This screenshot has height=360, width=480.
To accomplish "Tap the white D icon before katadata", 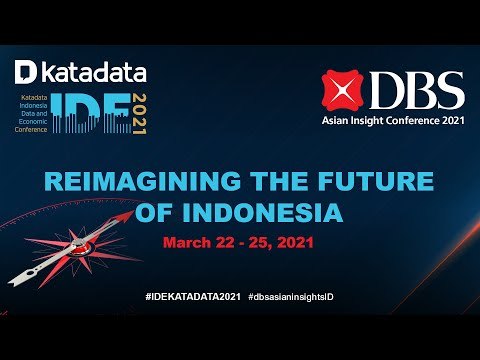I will point(27,72).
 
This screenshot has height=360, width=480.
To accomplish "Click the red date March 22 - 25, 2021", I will point(239,243).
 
